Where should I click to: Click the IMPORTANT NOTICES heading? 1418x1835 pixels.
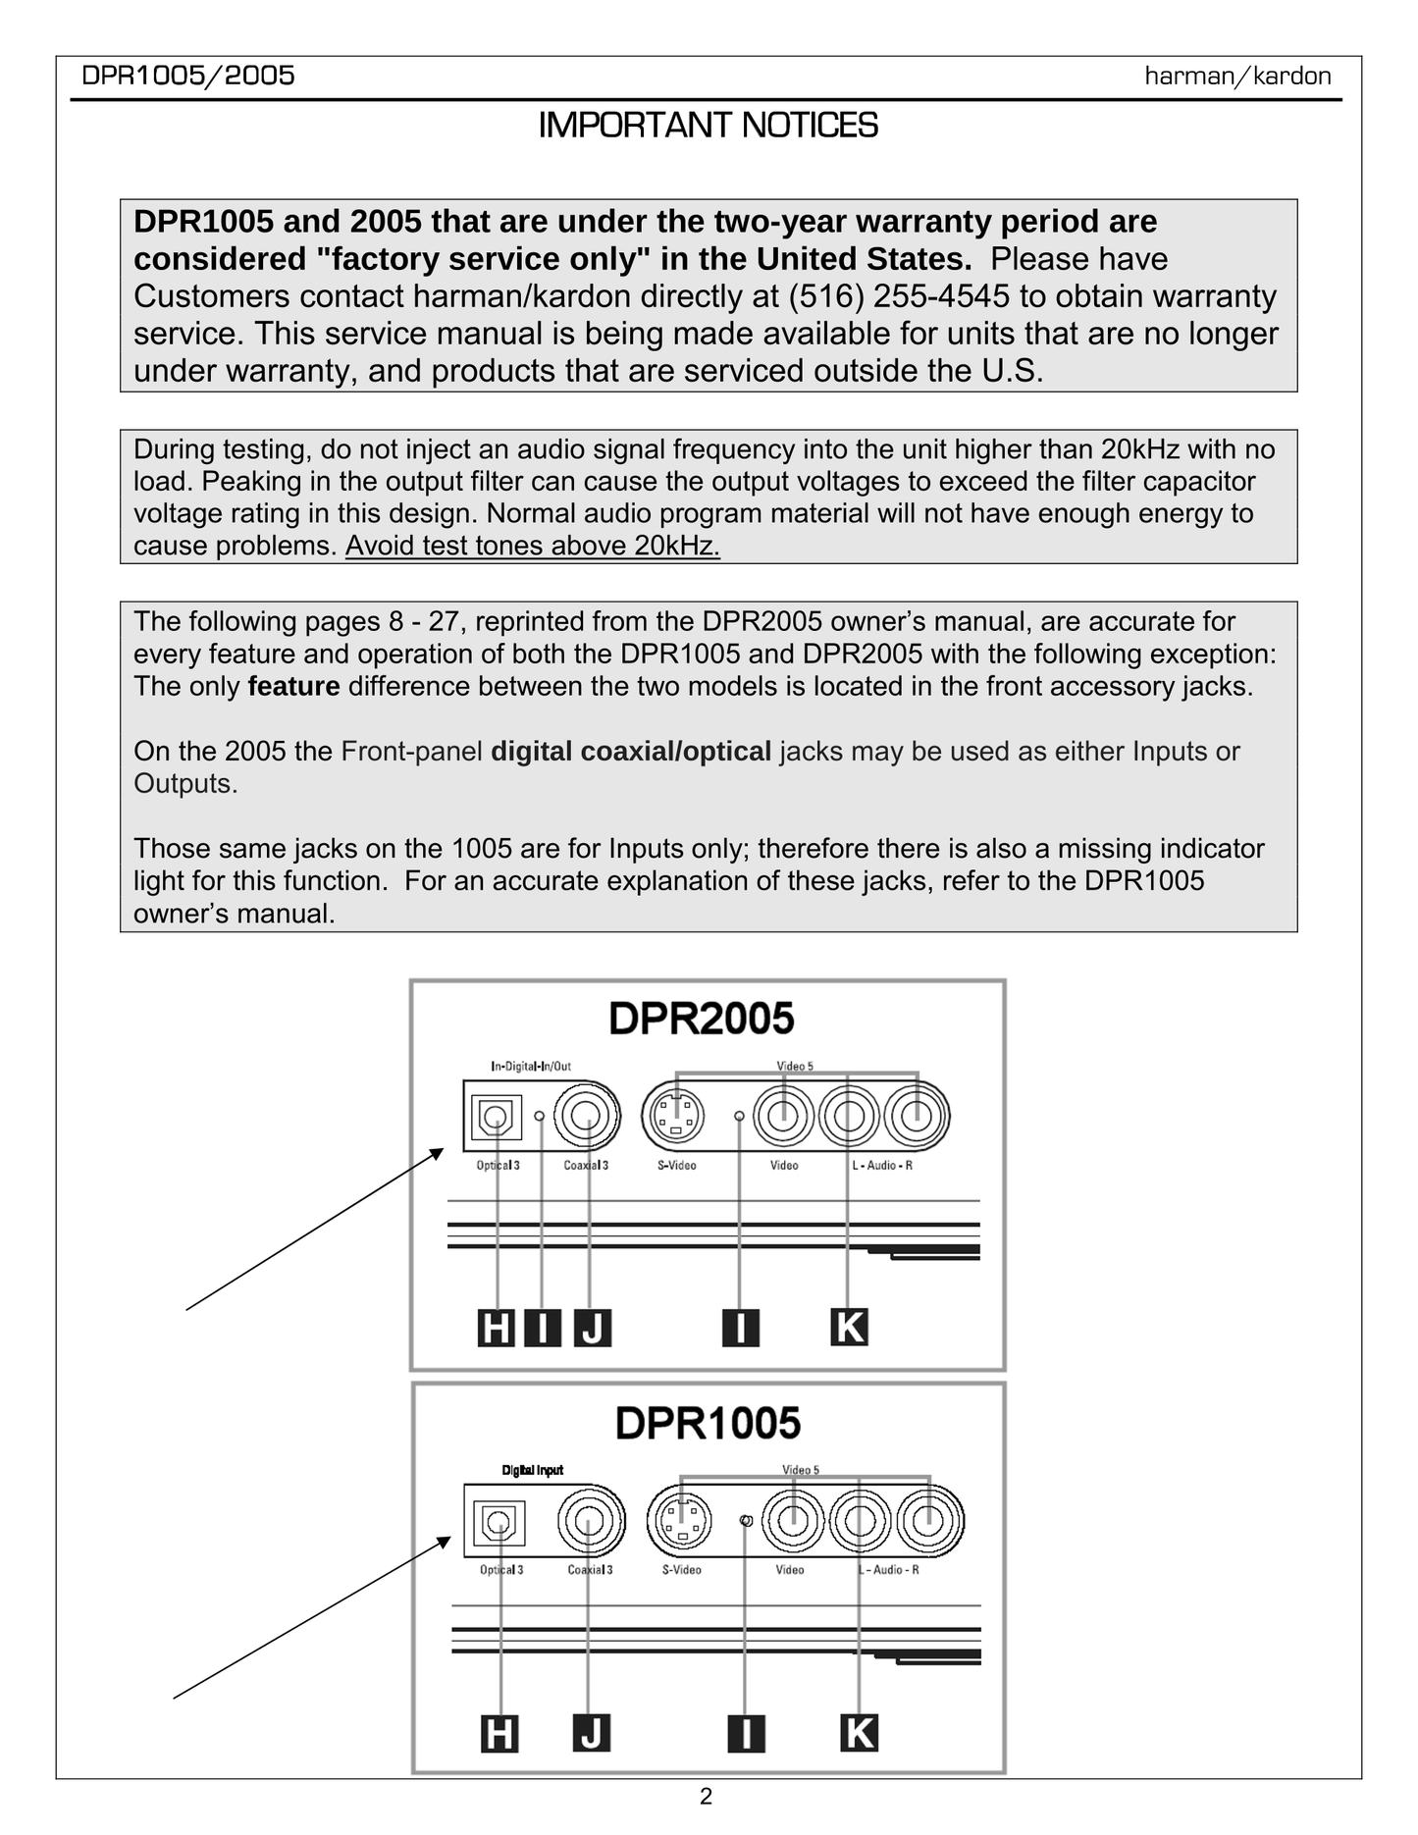tap(708, 126)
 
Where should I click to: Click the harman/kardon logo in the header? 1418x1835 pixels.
tap(1237, 77)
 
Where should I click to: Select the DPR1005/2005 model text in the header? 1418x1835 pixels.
tap(188, 76)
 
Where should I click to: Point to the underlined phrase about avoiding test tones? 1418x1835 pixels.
tap(532, 546)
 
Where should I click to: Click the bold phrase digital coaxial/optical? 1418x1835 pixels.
tap(631, 752)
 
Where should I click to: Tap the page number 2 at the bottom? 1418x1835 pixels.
tap(707, 1796)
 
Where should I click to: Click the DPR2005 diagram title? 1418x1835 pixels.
tap(701, 1019)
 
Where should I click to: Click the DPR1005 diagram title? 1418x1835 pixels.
tap(708, 1423)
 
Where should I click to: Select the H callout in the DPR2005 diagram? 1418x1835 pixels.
tap(496, 1329)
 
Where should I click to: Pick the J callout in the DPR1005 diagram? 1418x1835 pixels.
tap(591, 1733)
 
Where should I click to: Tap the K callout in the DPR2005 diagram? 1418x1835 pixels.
tap(849, 1327)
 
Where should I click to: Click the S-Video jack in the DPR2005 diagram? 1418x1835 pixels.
tap(674, 1116)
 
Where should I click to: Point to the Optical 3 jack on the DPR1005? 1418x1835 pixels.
tap(499, 1523)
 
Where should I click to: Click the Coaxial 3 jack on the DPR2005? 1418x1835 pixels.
tap(587, 1116)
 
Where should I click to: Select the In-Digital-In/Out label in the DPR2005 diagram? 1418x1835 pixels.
tap(531, 1066)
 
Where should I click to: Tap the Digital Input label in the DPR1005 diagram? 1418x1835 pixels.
tap(533, 1470)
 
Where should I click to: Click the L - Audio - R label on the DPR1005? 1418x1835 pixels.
tap(889, 1570)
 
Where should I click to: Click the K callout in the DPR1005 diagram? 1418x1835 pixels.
tap(859, 1733)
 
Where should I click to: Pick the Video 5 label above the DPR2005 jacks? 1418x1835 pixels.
tap(795, 1066)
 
